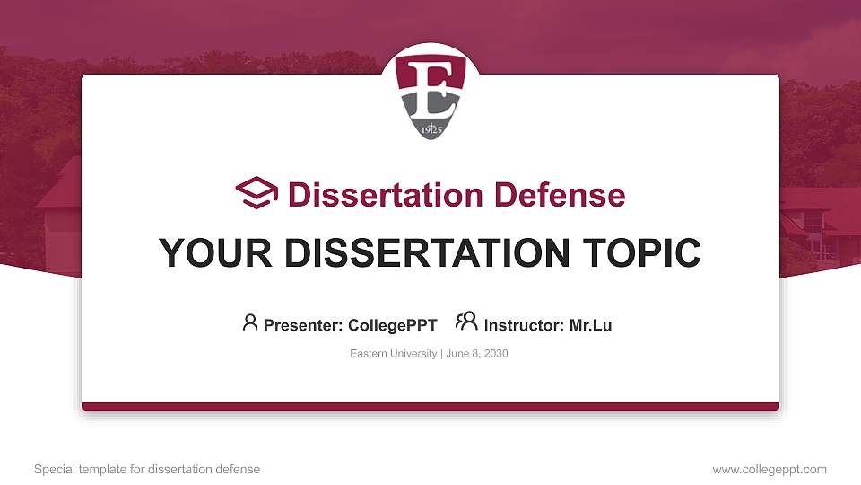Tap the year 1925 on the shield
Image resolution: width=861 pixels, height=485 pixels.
[x=431, y=129]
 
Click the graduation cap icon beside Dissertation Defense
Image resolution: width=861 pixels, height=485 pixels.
[x=257, y=193]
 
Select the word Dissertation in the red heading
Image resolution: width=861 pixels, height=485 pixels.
[x=386, y=195]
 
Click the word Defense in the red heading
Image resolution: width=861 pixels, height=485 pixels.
[x=560, y=195]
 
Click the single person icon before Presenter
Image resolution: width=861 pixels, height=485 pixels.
[x=250, y=322]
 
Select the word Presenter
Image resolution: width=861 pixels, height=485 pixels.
[x=303, y=325]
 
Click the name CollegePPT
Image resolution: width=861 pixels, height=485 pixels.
[x=393, y=325]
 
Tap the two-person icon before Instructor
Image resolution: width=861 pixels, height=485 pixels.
[x=466, y=322]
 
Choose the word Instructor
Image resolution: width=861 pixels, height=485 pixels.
[x=524, y=325]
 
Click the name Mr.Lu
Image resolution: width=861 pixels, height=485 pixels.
[x=590, y=325]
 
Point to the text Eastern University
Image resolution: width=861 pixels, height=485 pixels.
[x=393, y=354]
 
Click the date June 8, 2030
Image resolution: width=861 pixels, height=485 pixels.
[x=476, y=354]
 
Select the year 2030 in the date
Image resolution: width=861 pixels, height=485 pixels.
[x=496, y=354]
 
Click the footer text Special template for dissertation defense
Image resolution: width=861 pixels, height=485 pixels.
[x=147, y=469]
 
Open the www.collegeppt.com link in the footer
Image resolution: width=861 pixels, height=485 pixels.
[x=770, y=469]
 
